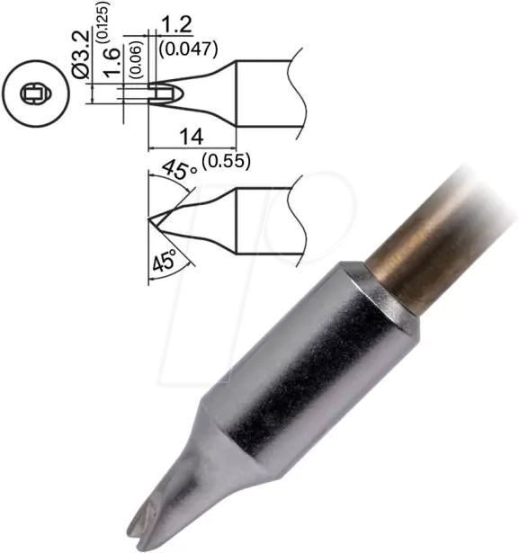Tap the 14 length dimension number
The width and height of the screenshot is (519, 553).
pyautogui.click(x=191, y=137)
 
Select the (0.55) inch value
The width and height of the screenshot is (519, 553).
pyautogui.click(x=225, y=161)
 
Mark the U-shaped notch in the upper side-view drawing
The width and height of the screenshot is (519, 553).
pyautogui.click(x=162, y=91)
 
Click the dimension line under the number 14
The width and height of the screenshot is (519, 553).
pyautogui.click(x=191, y=148)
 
